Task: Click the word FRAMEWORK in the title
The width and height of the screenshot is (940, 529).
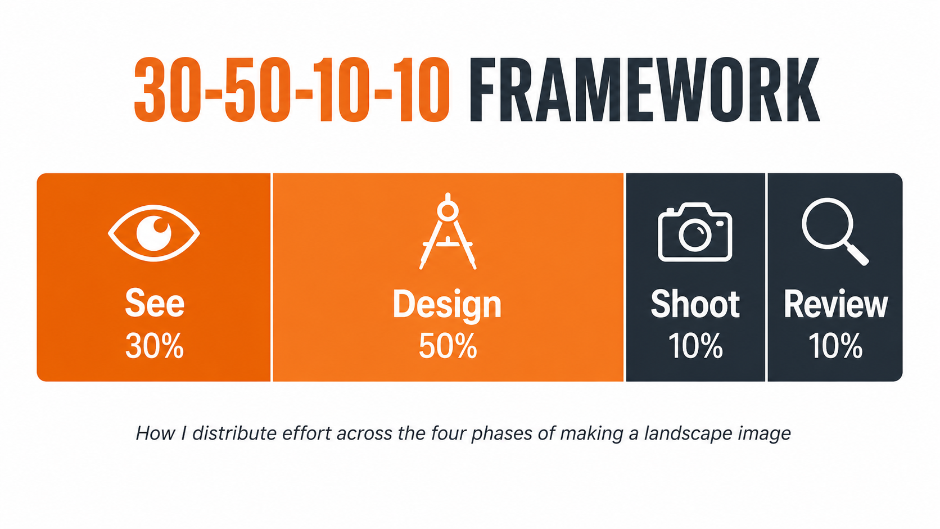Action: [644, 90]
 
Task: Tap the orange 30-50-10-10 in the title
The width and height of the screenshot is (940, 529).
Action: [292, 90]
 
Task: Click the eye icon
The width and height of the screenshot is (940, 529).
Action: [154, 233]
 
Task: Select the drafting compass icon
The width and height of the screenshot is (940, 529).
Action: [448, 232]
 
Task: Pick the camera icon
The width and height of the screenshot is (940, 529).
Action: [695, 233]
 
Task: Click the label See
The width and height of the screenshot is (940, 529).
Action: [155, 304]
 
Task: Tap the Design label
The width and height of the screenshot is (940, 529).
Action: [447, 305]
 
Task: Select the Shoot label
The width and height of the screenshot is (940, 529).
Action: [695, 305]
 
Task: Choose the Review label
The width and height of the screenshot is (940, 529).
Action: [835, 305]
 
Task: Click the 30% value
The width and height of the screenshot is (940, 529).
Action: [155, 346]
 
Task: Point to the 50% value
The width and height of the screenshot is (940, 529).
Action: [448, 346]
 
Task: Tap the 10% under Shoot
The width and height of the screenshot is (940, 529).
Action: [695, 346]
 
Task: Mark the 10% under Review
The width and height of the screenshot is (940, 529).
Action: [835, 346]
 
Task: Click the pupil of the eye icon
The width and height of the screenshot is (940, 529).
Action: [154, 233]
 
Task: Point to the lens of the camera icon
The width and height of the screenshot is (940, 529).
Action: [695, 234]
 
